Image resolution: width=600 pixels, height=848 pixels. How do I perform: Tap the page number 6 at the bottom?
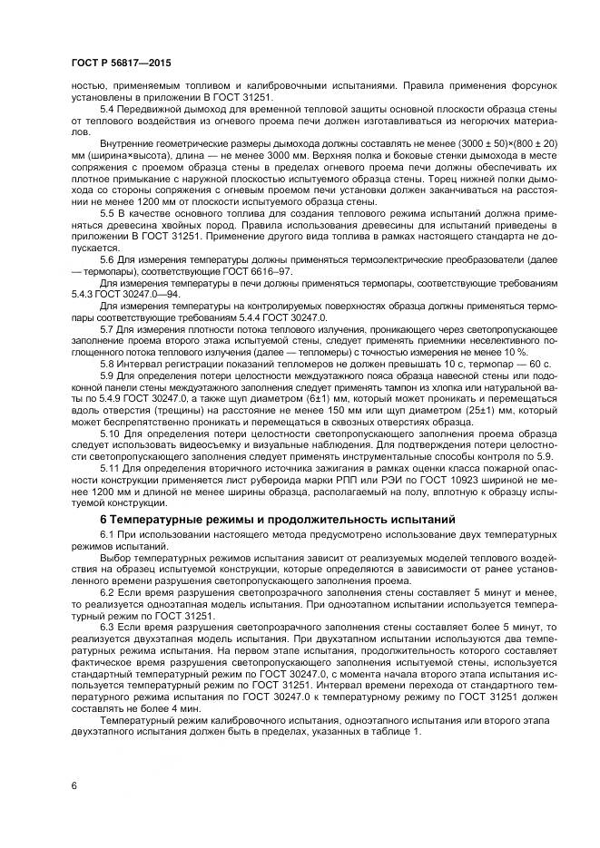(x=74, y=785)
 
